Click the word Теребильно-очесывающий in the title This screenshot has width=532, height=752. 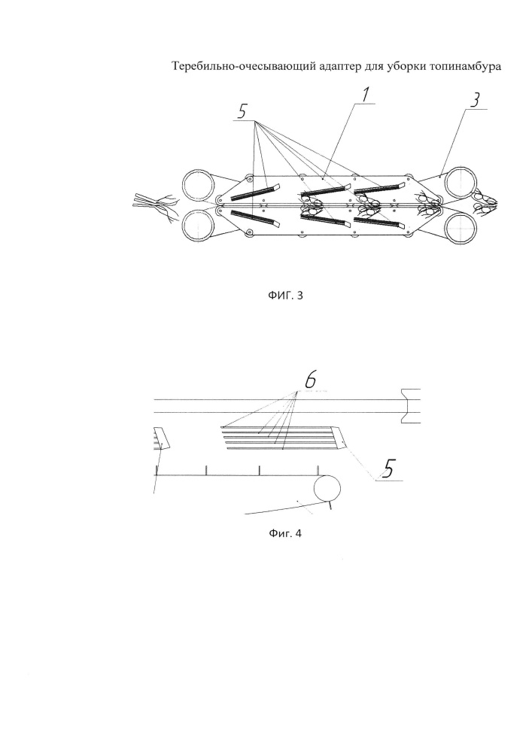[244, 67]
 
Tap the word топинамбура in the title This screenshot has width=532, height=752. [463, 67]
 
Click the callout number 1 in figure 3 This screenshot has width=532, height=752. [366, 95]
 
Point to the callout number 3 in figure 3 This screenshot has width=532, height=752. [474, 100]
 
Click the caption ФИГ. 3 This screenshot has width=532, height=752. [285, 295]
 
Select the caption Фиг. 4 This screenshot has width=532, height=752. [285, 533]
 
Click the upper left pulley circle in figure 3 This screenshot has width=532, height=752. [199, 186]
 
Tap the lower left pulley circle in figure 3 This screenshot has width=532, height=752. [199, 226]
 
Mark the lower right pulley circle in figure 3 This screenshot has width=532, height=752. [461, 226]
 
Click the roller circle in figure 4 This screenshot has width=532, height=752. [327, 489]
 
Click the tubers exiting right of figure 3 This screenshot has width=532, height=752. [484, 202]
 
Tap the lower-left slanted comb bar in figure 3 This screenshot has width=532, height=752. [255, 218]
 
